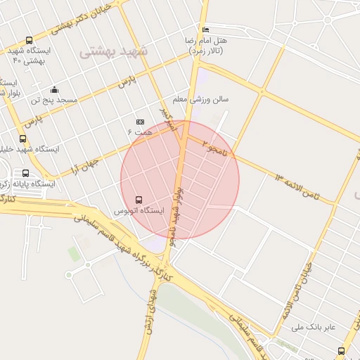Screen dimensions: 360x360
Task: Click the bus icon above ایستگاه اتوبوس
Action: (138, 200)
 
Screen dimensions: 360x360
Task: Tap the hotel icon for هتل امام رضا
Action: (205, 30)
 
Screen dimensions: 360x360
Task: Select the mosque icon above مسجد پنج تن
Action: (54, 89)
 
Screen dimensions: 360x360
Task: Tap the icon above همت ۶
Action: (139, 122)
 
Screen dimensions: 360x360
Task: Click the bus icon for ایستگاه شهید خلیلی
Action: (23, 139)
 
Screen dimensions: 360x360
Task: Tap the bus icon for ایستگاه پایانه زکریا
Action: (26, 174)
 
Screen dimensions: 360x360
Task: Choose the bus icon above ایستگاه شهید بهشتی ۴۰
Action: (29, 40)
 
